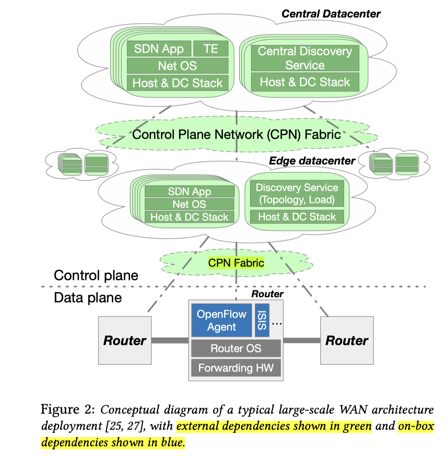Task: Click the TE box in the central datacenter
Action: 211,49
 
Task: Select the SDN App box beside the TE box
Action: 159,49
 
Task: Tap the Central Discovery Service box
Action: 305,58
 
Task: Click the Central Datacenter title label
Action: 331,14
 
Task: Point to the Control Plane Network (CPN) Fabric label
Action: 236,135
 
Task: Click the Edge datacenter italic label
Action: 312,161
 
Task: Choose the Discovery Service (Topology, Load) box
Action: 297,194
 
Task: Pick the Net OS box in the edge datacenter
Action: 189,204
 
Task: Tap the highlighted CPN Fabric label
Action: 236,263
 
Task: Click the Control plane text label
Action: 96,275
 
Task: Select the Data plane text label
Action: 88,298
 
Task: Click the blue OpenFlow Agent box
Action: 221,320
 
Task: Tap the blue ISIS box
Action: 262,320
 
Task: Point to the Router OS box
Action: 236,348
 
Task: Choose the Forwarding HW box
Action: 236,368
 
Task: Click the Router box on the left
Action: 125,340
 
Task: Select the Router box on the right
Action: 347,340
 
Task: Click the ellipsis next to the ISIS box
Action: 277,324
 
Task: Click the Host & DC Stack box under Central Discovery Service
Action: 305,82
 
